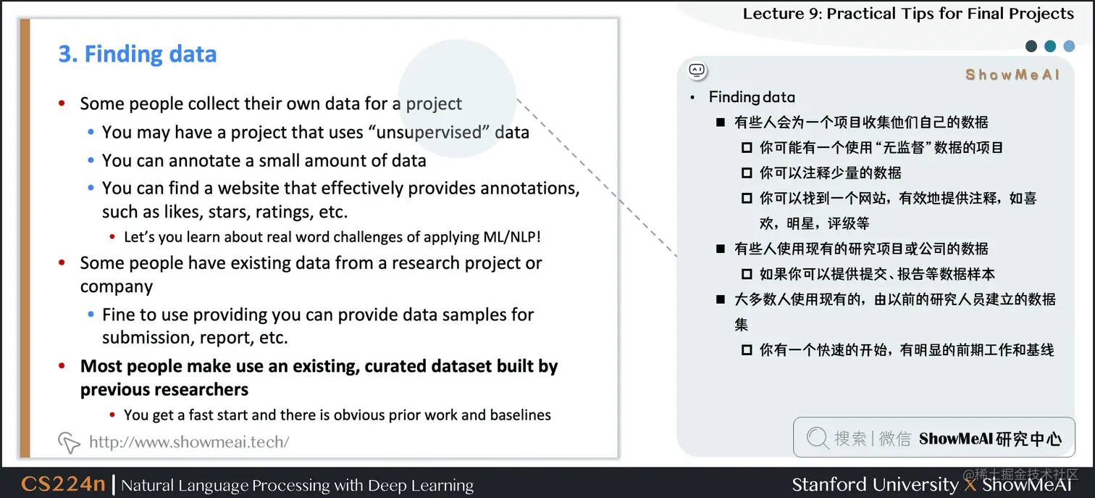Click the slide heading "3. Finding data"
pos(138,54)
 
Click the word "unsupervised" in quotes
pos(430,133)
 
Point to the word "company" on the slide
pos(116,287)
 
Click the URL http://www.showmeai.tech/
pos(188,441)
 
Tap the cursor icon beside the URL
pos(69,441)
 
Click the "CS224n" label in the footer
pos(64,484)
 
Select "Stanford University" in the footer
pos(875,484)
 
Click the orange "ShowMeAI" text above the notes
pos(1012,75)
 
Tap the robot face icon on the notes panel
pos(697,70)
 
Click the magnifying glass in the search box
pos(817,438)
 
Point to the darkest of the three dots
pos(1031,46)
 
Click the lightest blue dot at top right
pos(1069,46)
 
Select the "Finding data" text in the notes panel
pos(752,97)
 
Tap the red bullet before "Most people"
pos(63,367)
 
